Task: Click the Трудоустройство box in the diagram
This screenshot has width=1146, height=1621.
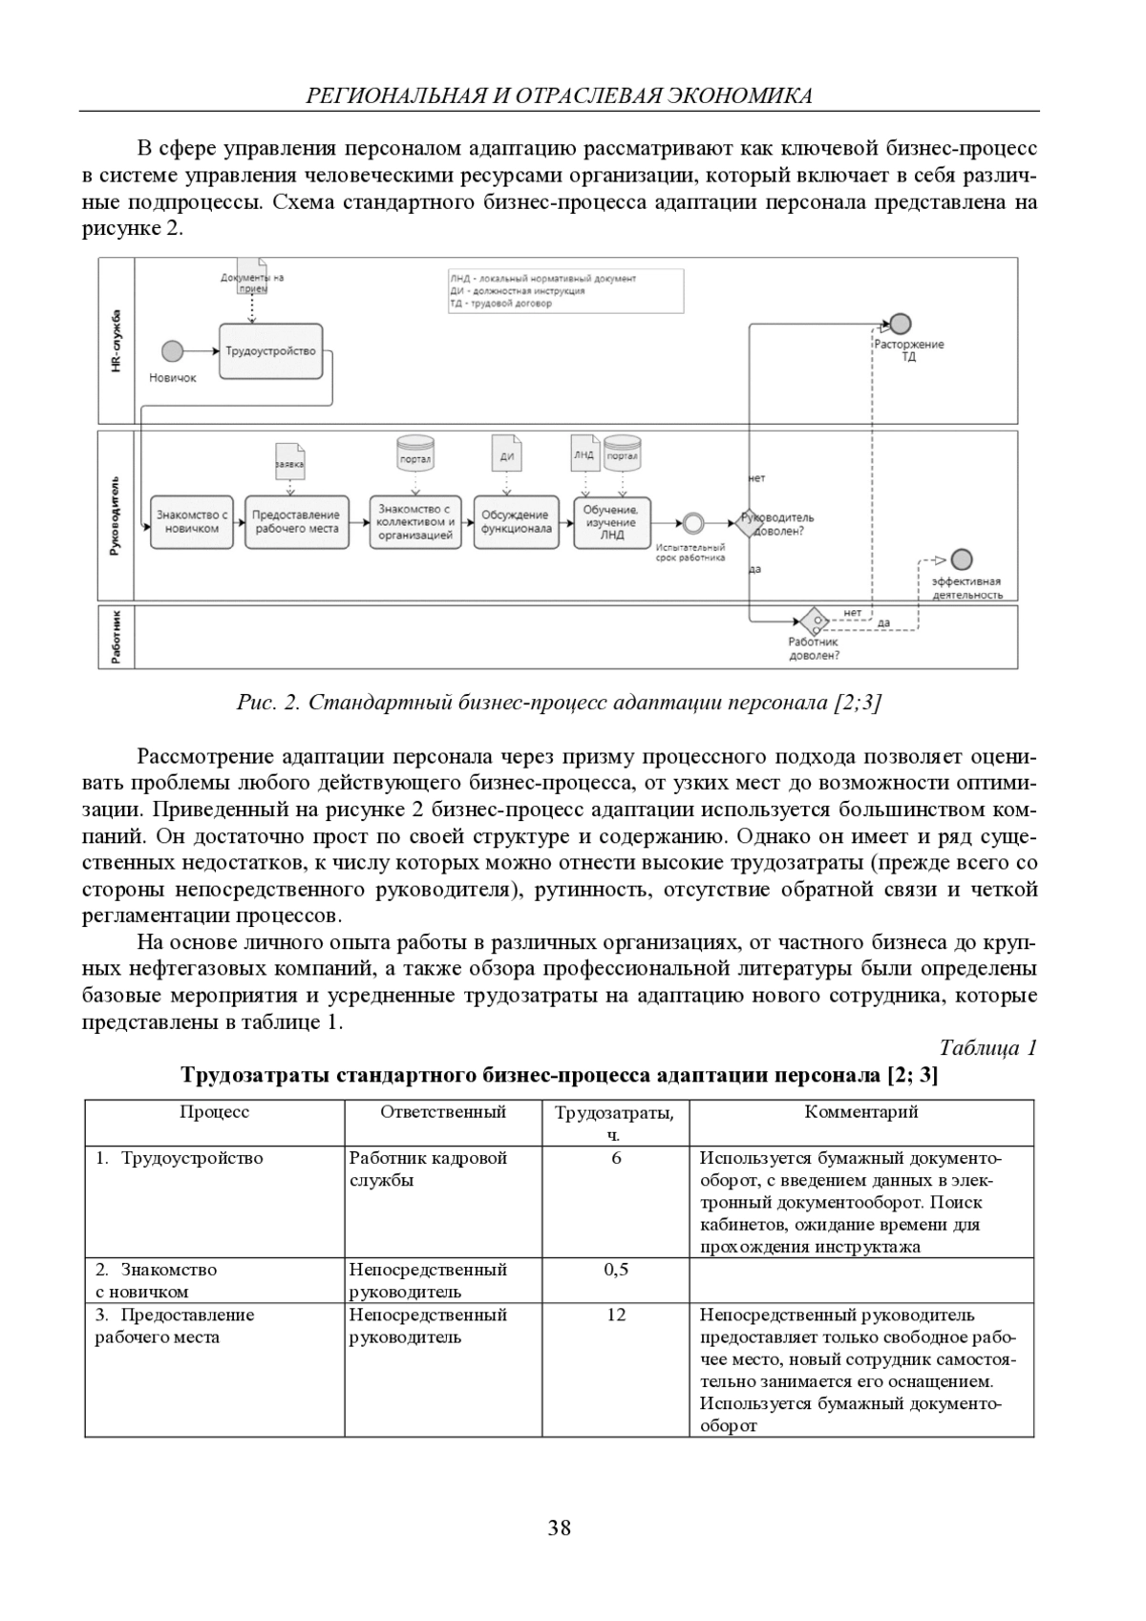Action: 270,351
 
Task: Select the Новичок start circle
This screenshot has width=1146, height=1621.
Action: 172,351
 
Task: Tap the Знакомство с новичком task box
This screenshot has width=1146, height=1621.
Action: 192,522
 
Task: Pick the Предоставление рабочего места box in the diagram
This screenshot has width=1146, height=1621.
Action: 296,522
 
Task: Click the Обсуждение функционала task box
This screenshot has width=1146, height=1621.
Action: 516,522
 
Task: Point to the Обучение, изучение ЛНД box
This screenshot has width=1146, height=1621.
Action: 611,522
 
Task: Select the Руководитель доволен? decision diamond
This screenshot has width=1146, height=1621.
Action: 749,522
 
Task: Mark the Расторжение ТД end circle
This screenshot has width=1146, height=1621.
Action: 900,324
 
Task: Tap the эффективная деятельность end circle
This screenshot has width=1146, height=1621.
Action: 962,559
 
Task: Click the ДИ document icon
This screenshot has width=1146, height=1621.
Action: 506,453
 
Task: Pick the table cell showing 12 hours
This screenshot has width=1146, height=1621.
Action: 616,1315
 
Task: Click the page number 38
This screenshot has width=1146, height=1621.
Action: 560,1528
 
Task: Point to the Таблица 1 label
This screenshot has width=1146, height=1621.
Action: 987,1048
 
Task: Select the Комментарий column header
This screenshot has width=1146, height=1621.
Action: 861,1112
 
